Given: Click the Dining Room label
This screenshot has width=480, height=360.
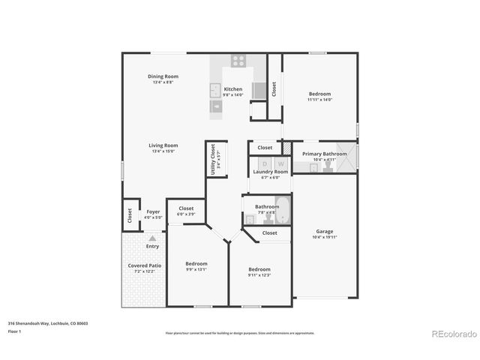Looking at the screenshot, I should pyautogui.click(x=162, y=76).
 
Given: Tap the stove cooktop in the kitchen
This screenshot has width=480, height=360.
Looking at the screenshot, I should pyautogui.click(x=238, y=61).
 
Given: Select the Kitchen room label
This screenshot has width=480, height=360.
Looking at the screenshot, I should pyautogui.click(x=232, y=89).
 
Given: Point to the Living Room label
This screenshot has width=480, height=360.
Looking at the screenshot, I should pyautogui.click(x=162, y=145).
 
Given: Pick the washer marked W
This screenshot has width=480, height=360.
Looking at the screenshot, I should pyautogui.click(x=281, y=163).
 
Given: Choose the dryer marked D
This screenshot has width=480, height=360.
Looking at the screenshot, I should pyautogui.click(x=264, y=163).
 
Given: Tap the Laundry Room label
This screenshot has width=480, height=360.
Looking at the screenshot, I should pyautogui.click(x=270, y=172).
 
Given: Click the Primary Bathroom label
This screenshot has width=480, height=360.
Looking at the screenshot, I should pyautogui.click(x=324, y=154).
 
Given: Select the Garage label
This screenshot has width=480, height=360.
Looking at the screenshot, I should pyautogui.click(x=325, y=232).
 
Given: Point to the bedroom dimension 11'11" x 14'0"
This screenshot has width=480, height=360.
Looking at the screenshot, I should pyautogui.click(x=319, y=99).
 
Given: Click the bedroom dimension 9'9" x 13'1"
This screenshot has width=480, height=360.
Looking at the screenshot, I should pyautogui.click(x=196, y=269).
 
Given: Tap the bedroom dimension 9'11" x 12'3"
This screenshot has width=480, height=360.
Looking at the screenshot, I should pyautogui.click(x=259, y=274).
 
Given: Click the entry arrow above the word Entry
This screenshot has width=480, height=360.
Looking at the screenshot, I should pyautogui.click(x=152, y=238).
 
